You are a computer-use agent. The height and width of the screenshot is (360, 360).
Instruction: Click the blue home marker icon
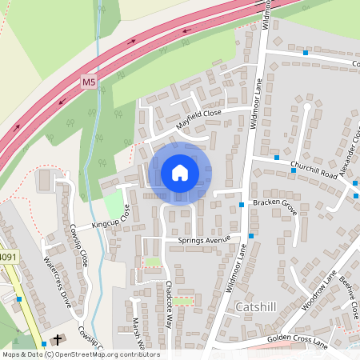coord(180,173)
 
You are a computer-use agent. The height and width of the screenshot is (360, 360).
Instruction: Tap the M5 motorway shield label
coord(89,82)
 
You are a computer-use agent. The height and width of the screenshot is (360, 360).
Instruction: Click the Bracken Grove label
coord(274,204)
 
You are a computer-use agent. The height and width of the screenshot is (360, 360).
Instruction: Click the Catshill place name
coord(257,306)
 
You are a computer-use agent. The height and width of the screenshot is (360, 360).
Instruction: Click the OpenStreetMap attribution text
coord(80,354)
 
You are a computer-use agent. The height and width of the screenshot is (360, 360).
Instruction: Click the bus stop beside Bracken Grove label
coord(242,206)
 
